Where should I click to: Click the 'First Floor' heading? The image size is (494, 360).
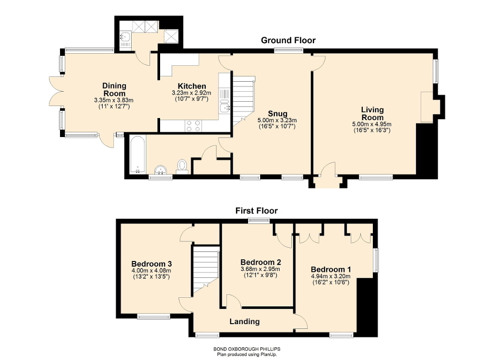(256, 211)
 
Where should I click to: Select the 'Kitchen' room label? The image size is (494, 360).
(191, 86)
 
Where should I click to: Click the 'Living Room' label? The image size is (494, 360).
(372, 113)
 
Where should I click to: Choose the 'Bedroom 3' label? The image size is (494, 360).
(152, 264)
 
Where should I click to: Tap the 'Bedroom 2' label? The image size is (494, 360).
(260, 262)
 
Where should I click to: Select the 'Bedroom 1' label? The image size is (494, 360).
(330, 269)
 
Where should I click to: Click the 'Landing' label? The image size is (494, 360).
(244, 321)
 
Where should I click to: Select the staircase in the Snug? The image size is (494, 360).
(243, 98)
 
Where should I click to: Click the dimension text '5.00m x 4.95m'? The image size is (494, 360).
(372, 124)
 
